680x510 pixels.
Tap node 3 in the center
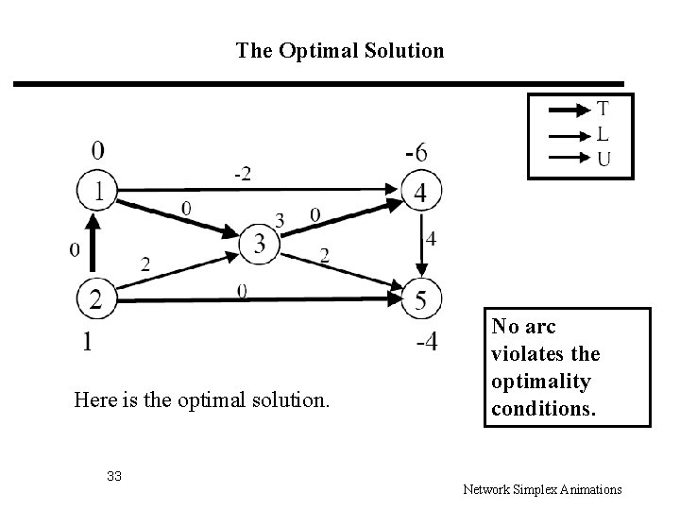(260, 244)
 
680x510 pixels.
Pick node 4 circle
(419, 193)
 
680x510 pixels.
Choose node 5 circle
(419, 300)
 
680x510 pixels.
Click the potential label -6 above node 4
(416, 151)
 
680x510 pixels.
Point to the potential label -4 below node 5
(426, 342)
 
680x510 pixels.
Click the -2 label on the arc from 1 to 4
(243, 173)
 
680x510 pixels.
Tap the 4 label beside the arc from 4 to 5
(432, 240)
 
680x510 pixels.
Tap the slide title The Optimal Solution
(340, 50)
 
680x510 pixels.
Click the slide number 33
(114, 475)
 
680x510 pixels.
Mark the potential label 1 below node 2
(87, 342)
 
